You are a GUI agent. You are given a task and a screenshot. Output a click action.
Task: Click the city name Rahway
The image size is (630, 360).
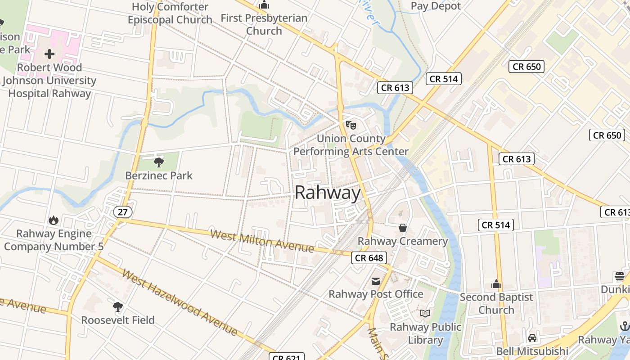(328, 193)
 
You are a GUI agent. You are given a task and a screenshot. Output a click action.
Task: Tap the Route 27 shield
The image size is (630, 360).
(122, 211)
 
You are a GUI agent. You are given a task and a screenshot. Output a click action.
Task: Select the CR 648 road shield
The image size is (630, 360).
(369, 258)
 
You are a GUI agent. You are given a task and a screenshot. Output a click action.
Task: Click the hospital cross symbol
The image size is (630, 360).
(49, 54)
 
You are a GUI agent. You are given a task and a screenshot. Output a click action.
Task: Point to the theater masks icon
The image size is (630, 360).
(351, 125)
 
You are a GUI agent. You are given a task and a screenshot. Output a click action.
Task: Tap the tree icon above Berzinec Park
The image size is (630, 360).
(158, 162)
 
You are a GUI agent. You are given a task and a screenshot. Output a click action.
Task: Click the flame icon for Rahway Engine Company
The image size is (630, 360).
(54, 220)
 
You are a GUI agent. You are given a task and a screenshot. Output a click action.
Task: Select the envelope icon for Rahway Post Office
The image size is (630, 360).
(375, 281)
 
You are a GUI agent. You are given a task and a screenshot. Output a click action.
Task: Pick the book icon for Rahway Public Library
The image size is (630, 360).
(425, 314)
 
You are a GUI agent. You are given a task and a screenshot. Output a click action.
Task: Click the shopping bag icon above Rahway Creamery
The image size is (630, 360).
(403, 228)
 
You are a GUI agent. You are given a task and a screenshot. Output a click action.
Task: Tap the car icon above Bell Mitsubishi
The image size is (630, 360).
(532, 337)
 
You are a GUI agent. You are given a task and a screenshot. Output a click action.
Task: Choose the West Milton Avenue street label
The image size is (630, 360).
(262, 241)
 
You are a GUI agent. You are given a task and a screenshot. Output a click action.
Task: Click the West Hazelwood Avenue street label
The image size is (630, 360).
(179, 303)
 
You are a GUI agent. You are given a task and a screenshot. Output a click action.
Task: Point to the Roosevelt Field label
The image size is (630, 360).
(118, 320)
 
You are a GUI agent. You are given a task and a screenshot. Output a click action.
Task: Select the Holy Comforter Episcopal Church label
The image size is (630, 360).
(170, 13)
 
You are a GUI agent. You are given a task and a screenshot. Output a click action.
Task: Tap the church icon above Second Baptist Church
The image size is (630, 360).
(496, 284)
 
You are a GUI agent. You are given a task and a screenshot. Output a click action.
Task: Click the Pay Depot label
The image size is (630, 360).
(436, 6)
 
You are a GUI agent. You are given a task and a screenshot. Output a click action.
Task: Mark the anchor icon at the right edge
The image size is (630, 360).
(625, 326)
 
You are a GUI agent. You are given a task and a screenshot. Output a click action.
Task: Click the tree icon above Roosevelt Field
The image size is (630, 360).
(118, 307)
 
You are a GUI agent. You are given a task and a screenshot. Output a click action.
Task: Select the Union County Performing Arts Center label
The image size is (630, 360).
(351, 145)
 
